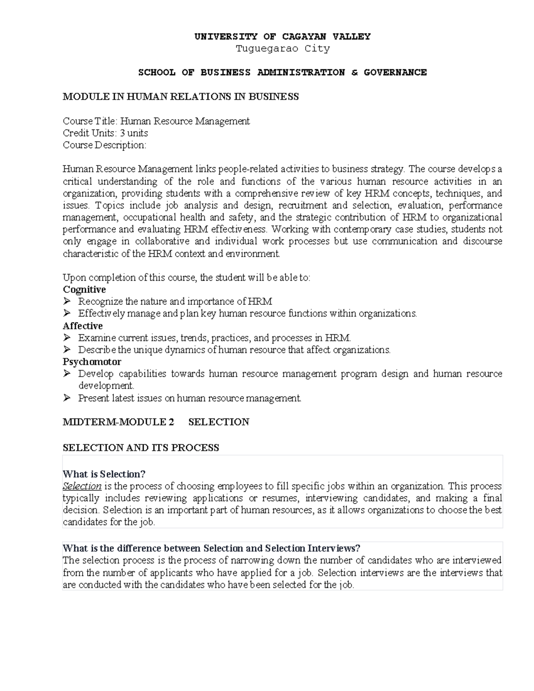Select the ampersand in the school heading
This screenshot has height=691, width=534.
click(x=354, y=72)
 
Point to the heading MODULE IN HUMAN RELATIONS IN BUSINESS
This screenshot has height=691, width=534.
click(x=181, y=97)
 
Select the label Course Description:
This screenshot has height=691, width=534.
click(x=104, y=145)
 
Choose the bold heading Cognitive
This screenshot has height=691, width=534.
click(x=84, y=290)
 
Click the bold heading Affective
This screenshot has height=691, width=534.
click(x=83, y=326)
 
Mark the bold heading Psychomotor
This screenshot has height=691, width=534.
click(x=92, y=362)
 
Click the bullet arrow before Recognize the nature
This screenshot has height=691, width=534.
click(x=67, y=302)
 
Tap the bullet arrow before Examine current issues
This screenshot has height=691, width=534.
click(x=67, y=338)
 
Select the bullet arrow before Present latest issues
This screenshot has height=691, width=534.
click(x=67, y=398)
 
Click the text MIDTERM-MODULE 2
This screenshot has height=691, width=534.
click(x=118, y=422)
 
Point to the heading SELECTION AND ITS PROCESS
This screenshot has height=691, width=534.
click(x=141, y=448)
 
